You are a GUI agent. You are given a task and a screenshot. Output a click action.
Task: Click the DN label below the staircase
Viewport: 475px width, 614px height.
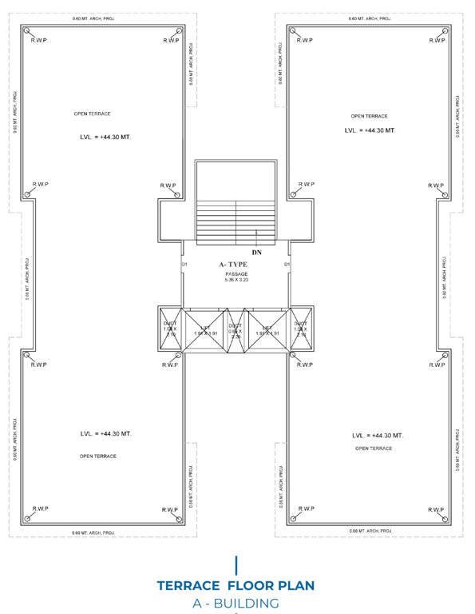[x=256, y=253]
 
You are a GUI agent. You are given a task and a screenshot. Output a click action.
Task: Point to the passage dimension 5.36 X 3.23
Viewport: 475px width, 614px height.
[x=236, y=281]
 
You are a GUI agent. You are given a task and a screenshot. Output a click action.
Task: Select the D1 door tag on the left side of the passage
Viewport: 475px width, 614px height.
[x=184, y=264]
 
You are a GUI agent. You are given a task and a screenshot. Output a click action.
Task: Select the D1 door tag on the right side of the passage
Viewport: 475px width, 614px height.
[x=286, y=264]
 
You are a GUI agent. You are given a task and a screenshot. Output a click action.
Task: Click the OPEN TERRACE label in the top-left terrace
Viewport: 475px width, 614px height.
[x=92, y=114]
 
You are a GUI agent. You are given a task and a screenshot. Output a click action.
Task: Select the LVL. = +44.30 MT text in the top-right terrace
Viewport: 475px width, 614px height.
[x=370, y=130]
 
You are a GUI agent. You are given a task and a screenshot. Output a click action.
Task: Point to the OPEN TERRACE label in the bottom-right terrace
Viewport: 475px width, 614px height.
[x=373, y=449]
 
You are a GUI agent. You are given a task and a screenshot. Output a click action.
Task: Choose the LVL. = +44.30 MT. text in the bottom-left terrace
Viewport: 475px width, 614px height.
[x=106, y=433]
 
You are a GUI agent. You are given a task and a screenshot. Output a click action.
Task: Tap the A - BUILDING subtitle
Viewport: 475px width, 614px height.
[x=236, y=603]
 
